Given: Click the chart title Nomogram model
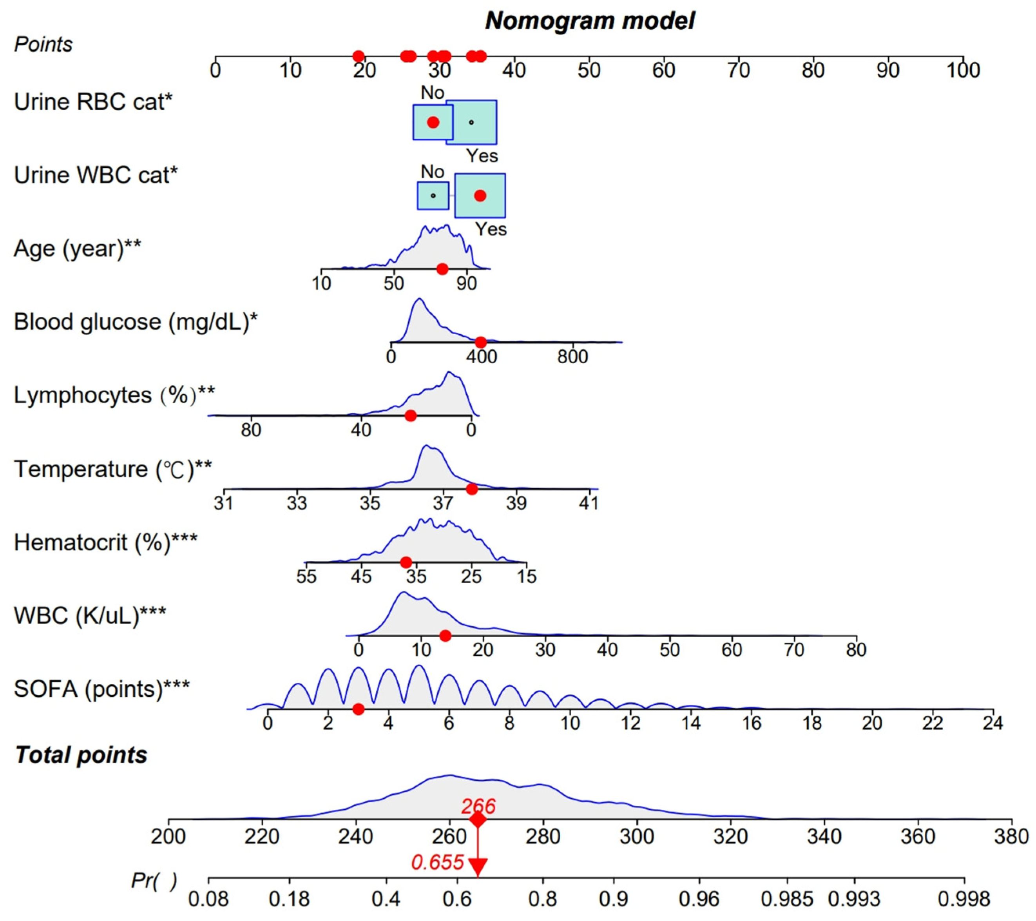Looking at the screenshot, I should pos(589,21).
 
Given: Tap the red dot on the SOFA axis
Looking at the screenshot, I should pos(359,709).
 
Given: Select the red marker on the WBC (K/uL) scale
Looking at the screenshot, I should pos(445,636).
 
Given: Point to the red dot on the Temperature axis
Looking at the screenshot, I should pos(472,489).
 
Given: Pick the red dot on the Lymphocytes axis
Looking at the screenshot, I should pos(411,416).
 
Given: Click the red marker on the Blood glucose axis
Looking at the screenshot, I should pos(480,342).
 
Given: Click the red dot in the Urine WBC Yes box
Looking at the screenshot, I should pos(480,196).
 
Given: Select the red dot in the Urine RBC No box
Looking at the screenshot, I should pos(433,122).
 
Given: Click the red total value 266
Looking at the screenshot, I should pos(478,807).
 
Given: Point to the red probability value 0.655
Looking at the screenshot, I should pos(437,862).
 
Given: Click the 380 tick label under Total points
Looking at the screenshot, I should pos(1011,836).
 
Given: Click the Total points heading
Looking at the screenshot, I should pos(81,755).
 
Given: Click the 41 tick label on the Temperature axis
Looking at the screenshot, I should pos(589,503).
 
